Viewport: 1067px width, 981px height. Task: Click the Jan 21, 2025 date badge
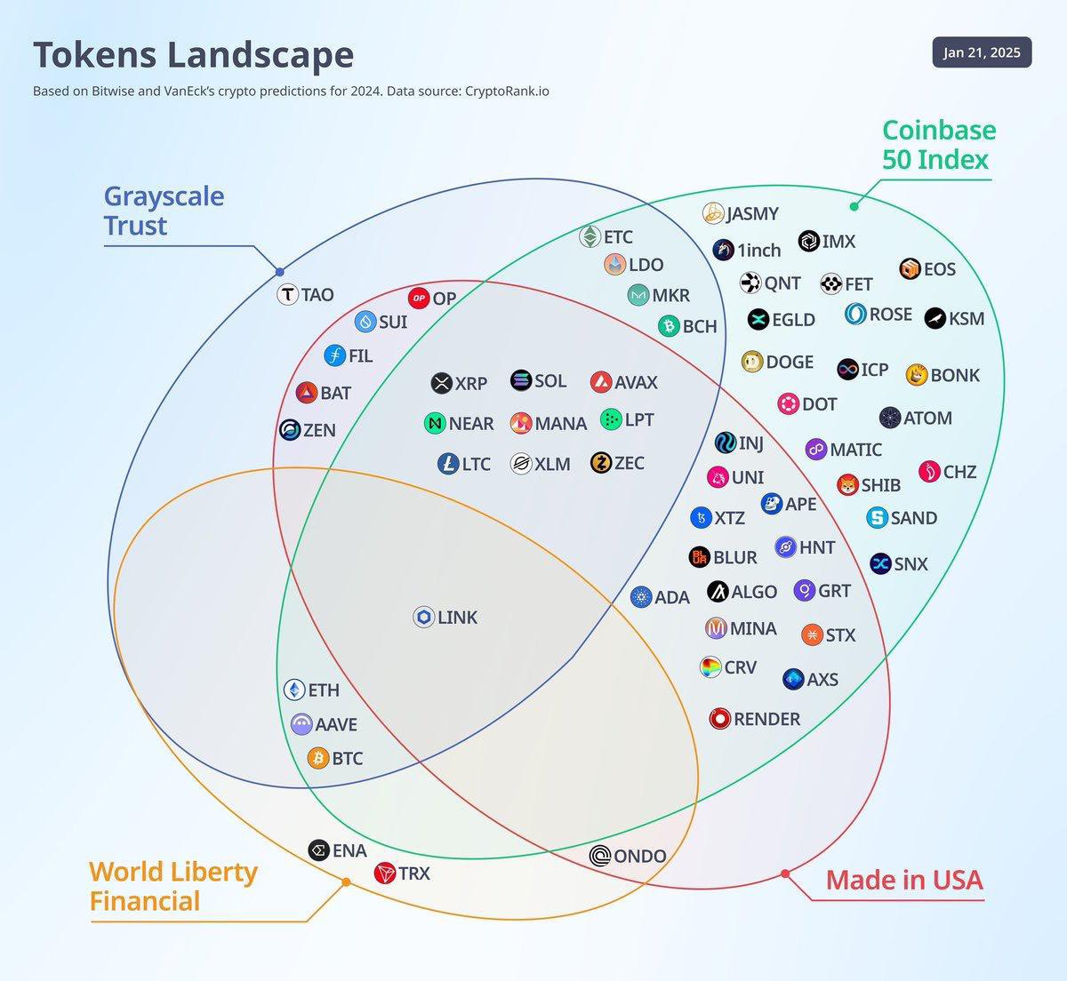tap(982, 52)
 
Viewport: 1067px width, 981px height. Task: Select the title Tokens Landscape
tap(193, 54)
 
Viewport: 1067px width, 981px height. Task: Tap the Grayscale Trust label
tap(164, 211)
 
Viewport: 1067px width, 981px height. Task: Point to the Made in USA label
tap(903, 880)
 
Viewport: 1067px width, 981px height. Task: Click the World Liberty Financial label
tap(172, 886)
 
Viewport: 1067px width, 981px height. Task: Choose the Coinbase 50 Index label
tap(938, 145)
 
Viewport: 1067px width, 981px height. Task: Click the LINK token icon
tap(424, 617)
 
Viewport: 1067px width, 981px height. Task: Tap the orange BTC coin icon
tap(318, 758)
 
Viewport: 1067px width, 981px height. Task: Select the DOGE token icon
tap(752, 362)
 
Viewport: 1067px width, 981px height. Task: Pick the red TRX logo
tap(384, 873)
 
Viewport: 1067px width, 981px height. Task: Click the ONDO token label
tap(639, 856)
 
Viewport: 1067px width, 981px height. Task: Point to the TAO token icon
tap(287, 295)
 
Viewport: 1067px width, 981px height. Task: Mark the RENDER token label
tap(766, 719)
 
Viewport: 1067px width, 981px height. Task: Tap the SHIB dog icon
tap(847, 484)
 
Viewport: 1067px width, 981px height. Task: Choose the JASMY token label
tap(752, 213)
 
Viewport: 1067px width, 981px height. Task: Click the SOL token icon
tap(521, 380)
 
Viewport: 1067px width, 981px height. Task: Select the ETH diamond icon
tap(294, 690)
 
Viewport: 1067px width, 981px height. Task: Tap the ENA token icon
tap(318, 850)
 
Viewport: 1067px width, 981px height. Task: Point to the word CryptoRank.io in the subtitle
tap(507, 91)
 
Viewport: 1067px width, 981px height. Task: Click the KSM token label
tap(966, 318)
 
